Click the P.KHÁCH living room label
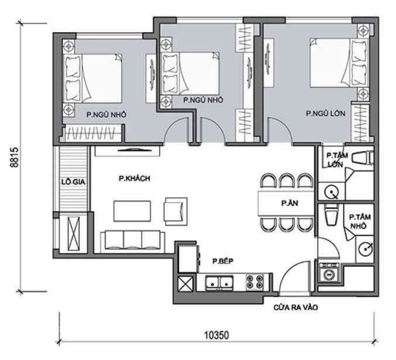click(x=135, y=179)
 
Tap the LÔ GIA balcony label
click(x=73, y=182)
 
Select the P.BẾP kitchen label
click(x=223, y=261)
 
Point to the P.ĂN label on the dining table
click(x=290, y=203)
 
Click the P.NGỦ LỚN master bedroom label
click(x=326, y=114)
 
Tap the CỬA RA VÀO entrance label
click(x=296, y=307)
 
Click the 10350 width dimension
click(x=216, y=335)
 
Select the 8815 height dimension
click(x=15, y=157)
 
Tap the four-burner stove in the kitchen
click(x=255, y=282)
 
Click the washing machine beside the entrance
click(x=329, y=273)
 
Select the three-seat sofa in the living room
click(x=133, y=242)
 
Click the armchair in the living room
click(x=176, y=211)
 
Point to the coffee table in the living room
click(x=132, y=211)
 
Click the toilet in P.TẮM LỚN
click(x=363, y=157)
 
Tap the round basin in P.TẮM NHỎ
click(x=365, y=249)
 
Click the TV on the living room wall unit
click(x=135, y=150)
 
